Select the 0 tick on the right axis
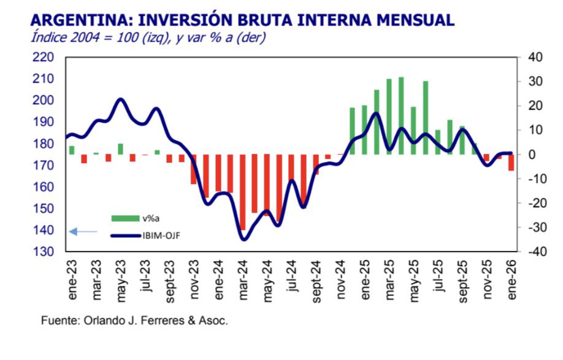(532, 155)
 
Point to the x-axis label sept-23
(170, 281)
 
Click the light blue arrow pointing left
(83, 231)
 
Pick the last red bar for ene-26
(511, 162)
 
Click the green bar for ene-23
(72, 150)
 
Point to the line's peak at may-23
(120, 99)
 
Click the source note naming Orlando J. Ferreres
(134, 321)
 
